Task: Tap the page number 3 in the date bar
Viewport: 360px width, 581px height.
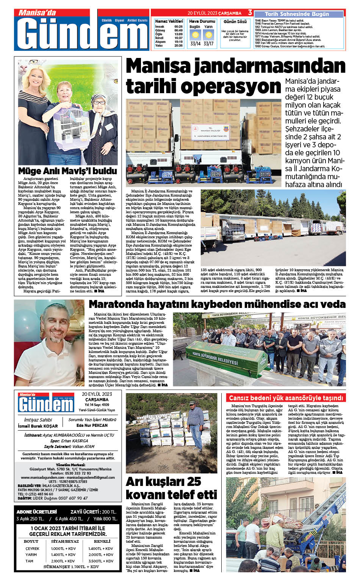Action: pyautogui.click(x=250, y=13)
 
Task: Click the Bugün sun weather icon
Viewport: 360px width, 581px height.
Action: pyautogui.click(x=195, y=35)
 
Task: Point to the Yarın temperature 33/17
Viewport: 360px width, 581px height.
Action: pyautogui.click(x=208, y=44)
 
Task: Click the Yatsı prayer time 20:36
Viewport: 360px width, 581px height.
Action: pyautogui.click(x=178, y=45)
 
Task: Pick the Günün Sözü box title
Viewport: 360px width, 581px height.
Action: pyautogui.click(x=235, y=22)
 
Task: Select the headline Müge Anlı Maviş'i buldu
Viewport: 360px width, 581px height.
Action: pyautogui.click(x=67, y=171)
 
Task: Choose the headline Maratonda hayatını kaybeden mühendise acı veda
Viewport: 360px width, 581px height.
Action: pyautogui.click(x=217, y=304)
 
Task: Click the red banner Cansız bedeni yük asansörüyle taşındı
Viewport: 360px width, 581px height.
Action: pyautogui.click(x=286, y=398)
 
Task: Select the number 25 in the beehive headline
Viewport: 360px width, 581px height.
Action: pyautogui.click(x=194, y=481)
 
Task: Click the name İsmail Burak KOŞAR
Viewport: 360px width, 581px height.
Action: pyautogui.click(x=38, y=426)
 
